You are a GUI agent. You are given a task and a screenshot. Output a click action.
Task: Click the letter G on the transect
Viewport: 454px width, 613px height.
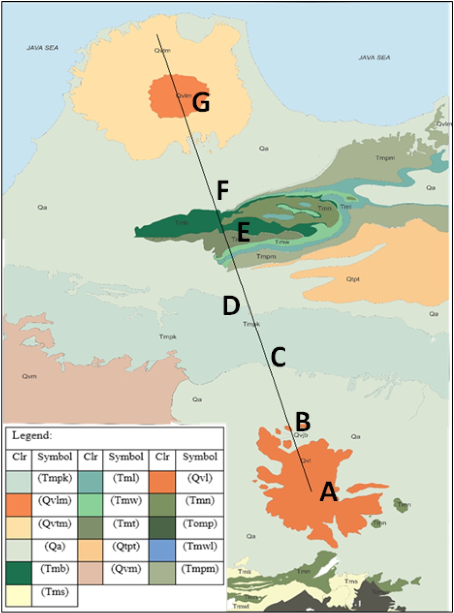[201, 103]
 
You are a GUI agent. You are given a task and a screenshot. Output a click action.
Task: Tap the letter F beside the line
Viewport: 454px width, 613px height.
[223, 191]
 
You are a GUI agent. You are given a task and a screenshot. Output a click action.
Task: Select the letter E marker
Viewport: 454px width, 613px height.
[243, 232]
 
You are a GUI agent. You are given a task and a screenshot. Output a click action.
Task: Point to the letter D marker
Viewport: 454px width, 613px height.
[231, 306]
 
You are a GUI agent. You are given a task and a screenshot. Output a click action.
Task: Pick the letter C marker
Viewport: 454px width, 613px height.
[278, 358]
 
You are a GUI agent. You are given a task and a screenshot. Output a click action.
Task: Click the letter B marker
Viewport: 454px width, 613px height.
[303, 421]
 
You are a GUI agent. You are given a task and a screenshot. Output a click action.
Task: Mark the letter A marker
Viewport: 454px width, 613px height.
[328, 493]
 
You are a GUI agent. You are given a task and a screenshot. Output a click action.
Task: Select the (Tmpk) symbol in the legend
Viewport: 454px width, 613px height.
[54, 478]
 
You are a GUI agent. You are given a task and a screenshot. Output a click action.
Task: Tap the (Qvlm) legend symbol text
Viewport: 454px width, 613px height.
[54, 500]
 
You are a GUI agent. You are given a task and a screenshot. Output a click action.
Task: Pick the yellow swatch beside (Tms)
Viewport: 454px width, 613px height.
[19, 595]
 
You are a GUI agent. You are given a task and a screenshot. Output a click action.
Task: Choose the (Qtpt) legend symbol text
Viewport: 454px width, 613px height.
[126, 546]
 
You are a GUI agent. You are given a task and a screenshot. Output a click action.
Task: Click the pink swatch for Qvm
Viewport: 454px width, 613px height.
[90, 572]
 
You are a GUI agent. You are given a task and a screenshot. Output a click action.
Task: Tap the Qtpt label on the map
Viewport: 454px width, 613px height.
[353, 279]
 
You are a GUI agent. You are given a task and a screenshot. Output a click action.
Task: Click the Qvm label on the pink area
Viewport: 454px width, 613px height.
[29, 376]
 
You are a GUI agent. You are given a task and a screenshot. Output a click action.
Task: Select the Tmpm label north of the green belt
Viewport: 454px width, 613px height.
[385, 158]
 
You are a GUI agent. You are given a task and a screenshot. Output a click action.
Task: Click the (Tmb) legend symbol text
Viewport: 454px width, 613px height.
[54, 569]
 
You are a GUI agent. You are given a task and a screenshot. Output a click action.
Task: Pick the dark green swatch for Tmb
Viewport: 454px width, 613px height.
[19, 572]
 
